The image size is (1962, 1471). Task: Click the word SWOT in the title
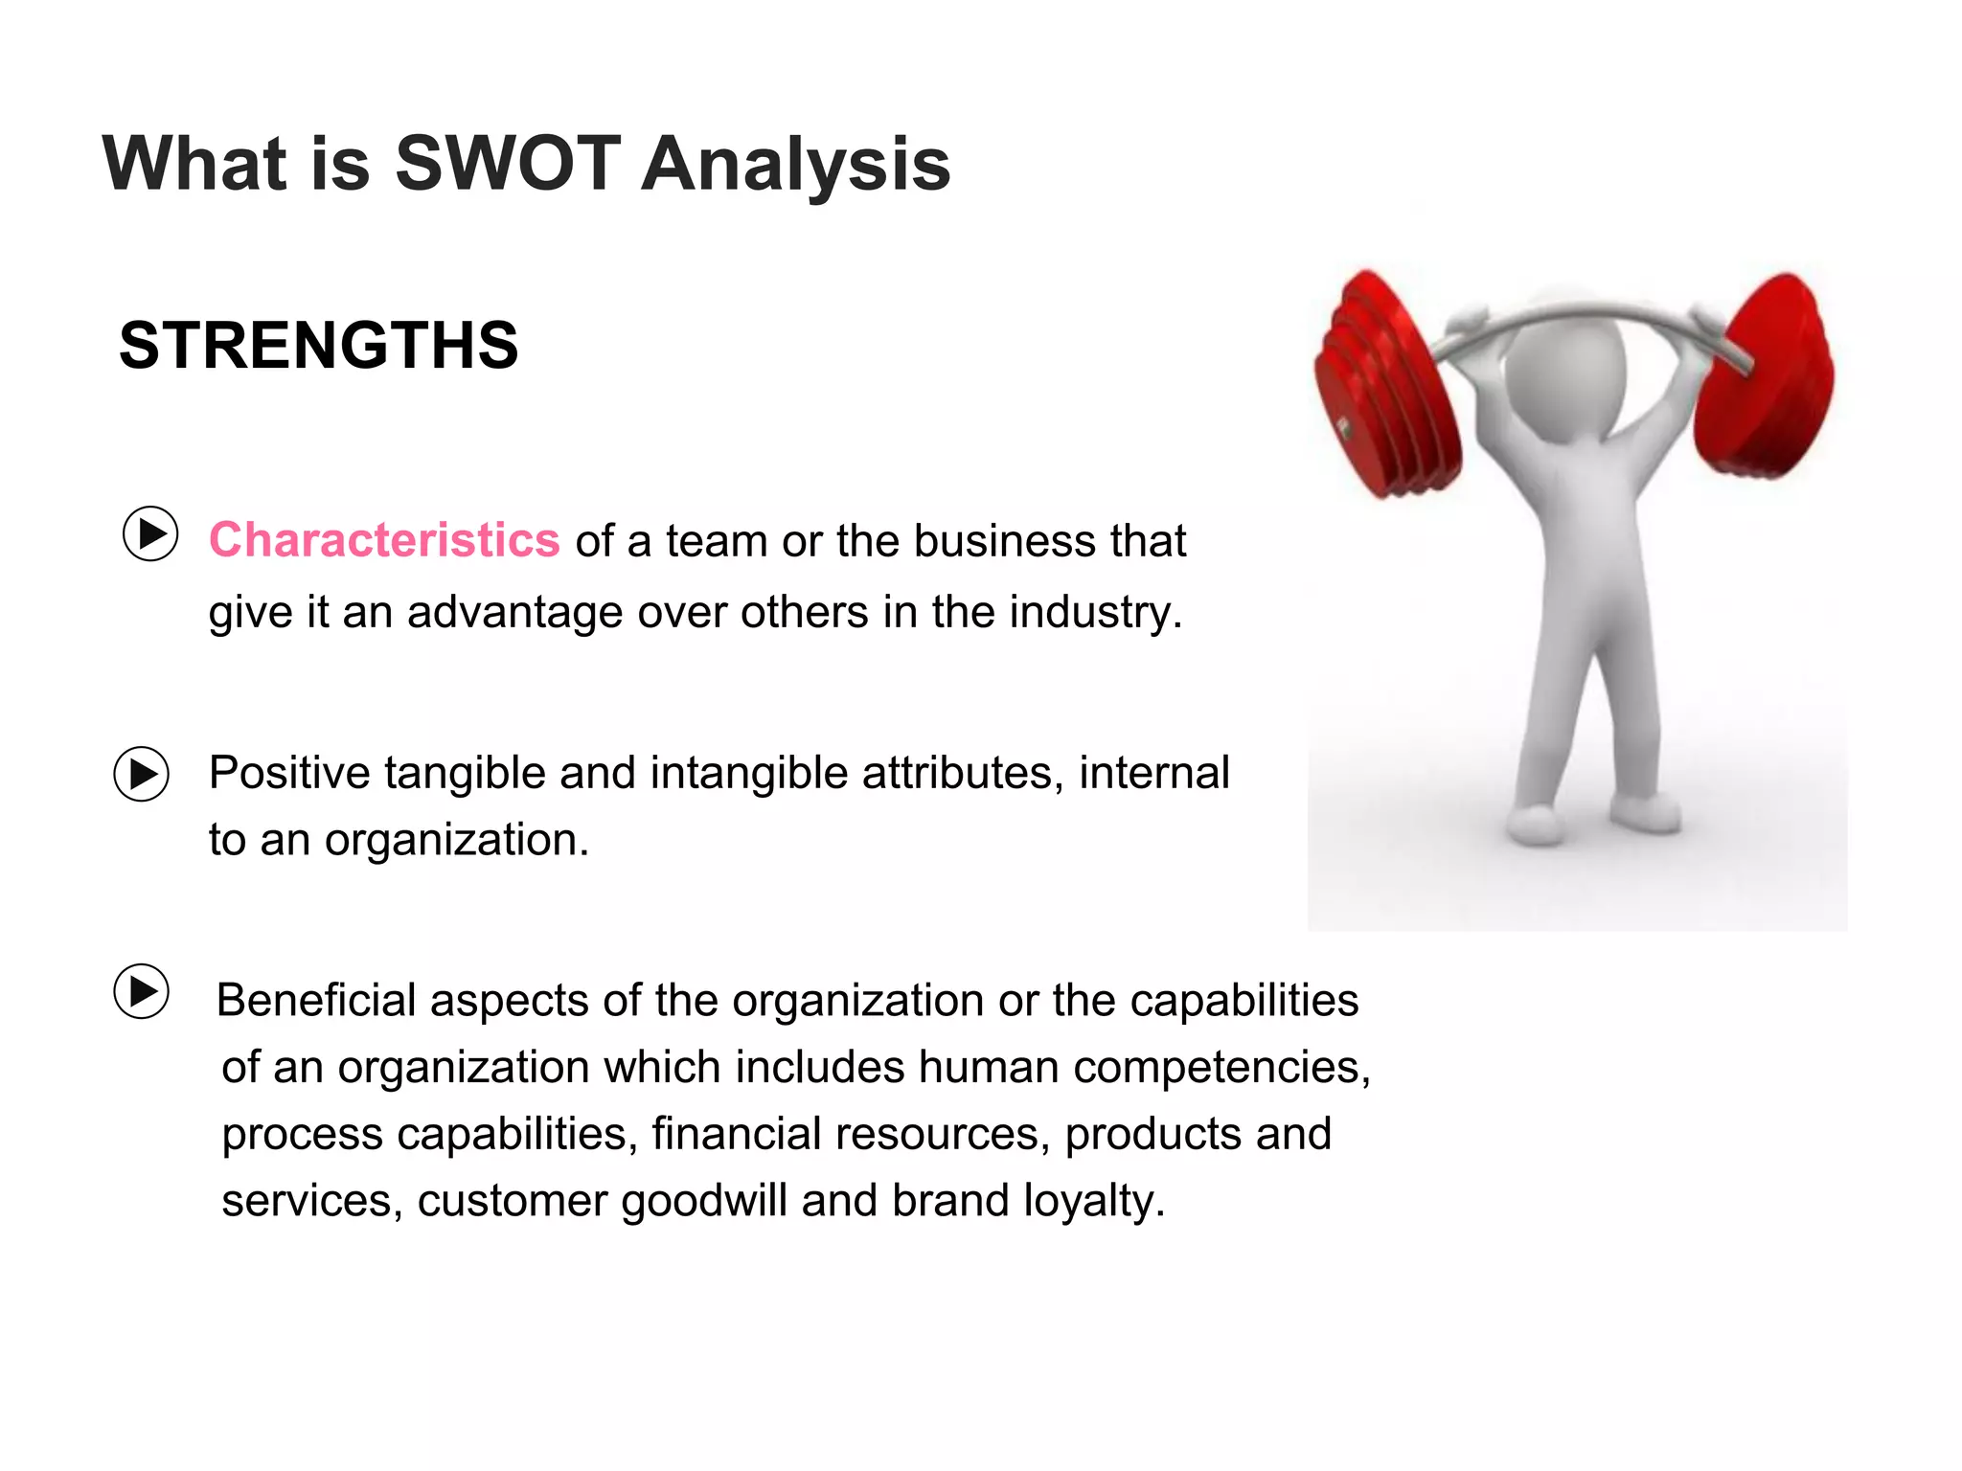tap(508, 164)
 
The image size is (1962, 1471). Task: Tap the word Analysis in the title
tap(795, 166)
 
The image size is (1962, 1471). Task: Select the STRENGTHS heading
tap(318, 345)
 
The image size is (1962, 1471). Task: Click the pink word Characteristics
tap(384, 540)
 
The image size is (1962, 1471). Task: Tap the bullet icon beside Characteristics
tap(150, 533)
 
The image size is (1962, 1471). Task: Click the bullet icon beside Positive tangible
tap(142, 774)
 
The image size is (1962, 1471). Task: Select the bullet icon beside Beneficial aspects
tap(142, 991)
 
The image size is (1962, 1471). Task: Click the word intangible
tap(749, 773)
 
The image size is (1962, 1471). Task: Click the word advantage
tap(514, 612)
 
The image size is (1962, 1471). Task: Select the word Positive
tap(288, 773)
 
